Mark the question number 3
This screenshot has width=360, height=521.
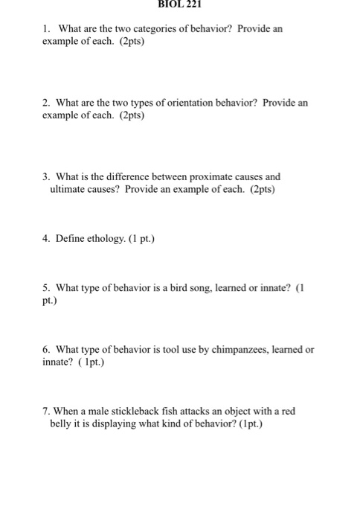point(46,177)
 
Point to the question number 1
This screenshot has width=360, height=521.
point(46,28)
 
